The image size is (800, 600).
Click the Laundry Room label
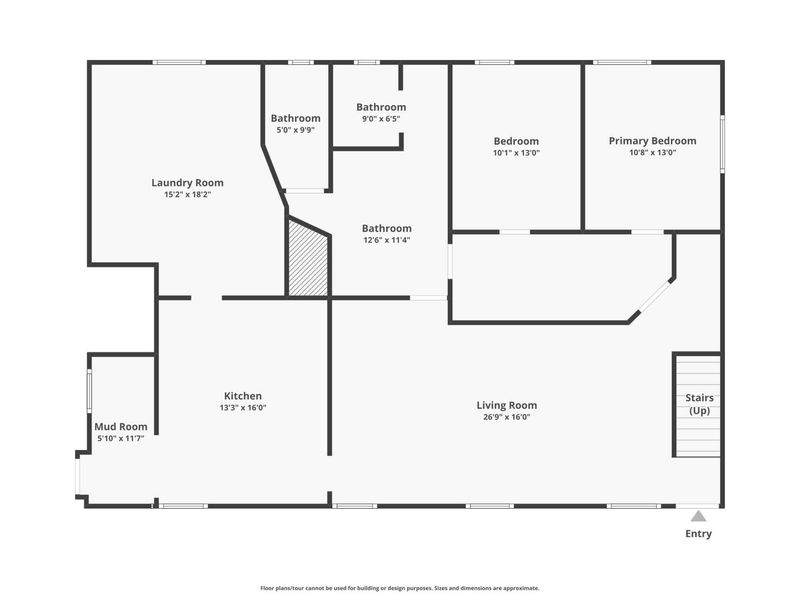coord(187,183)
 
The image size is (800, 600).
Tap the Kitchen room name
coord(243,396)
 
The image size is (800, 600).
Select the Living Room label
coord(507,405)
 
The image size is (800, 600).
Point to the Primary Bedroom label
coord(653,141)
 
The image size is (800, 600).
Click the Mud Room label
coord(121,427)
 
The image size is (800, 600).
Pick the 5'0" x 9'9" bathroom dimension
coord(295,130)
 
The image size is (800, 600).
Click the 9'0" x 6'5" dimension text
coord(381,119)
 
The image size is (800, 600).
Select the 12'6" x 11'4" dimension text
coord(387,240)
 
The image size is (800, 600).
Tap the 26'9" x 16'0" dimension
coord(507,417)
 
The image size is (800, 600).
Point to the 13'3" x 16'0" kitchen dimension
coord(243,408)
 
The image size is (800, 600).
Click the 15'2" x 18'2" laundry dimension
coord(187,194)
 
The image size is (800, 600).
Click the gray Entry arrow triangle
coord(698,516)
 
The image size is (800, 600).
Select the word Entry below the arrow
coord(698,534)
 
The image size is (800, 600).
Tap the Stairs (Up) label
coord(699,404)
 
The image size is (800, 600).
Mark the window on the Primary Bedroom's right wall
coord(722,144)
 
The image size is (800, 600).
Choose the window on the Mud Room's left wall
coord(89,391)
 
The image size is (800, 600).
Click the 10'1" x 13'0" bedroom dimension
coord(516,153)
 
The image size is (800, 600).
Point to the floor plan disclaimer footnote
coord(400,588)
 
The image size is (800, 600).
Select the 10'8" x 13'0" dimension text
coord(653,153)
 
